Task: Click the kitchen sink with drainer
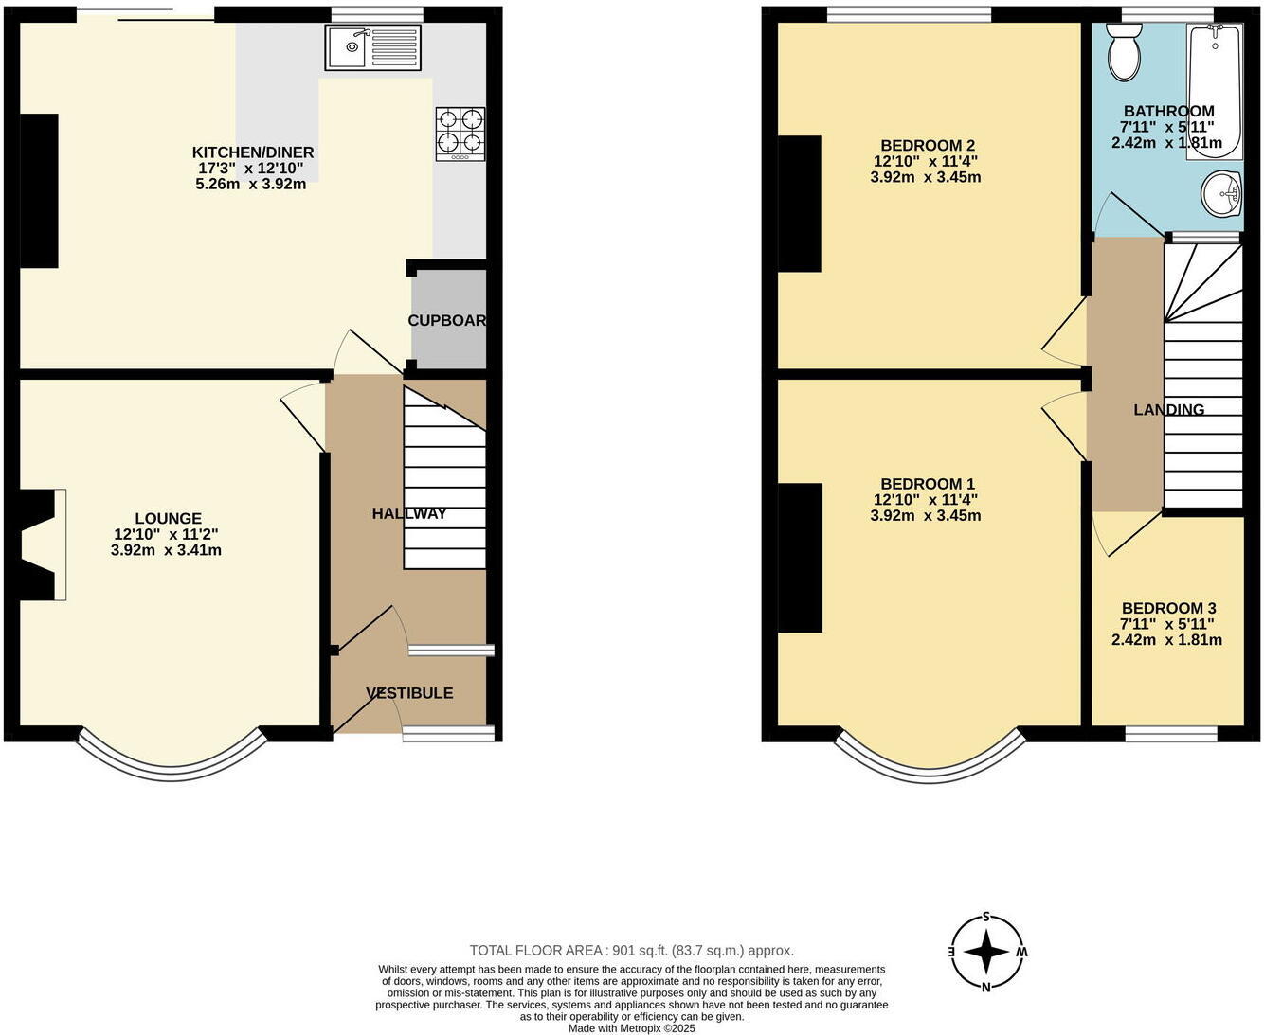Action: click(x=372, y=46)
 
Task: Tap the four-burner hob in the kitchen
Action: click(x=460, y=134)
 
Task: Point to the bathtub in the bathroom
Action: click(x=1215, y=92)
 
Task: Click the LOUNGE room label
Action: click(x=168, y=518)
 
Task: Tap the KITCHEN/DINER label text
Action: click(x=253, y=152)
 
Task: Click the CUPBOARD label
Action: click(x=447, y=320)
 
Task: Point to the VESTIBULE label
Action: click(x=409, y=693)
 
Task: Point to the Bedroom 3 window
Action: click(x=1170, y=734)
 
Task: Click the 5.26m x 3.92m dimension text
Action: click(x=250, y=184)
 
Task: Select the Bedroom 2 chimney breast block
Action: click(x=800, y=204)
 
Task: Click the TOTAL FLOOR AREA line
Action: click(x=632, y=951)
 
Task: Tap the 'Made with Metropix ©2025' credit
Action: click(x=632, y=1028)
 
